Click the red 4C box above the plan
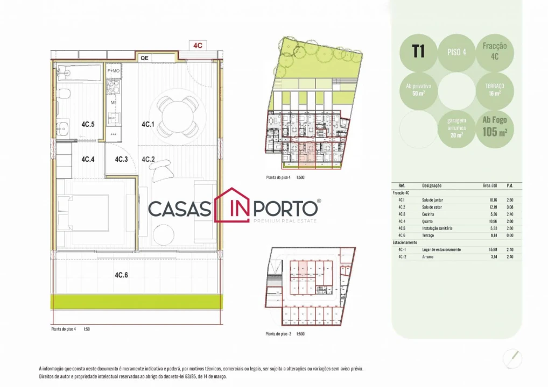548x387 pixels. (198, 45)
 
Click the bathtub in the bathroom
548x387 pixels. (79, 74)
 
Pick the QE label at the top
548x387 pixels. (144, 58)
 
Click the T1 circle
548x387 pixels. (418, 52)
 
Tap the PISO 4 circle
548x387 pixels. (456, 53)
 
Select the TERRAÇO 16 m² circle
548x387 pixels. (495, 89)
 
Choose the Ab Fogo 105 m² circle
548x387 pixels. (495, 127)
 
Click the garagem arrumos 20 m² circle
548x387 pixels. (456, 127)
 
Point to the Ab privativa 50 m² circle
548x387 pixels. (418, 89)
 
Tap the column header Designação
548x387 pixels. (432, 185)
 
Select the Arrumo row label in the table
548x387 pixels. (428, 257)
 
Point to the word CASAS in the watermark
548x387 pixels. (180, 209)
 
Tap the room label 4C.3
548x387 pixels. (121, 159)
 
